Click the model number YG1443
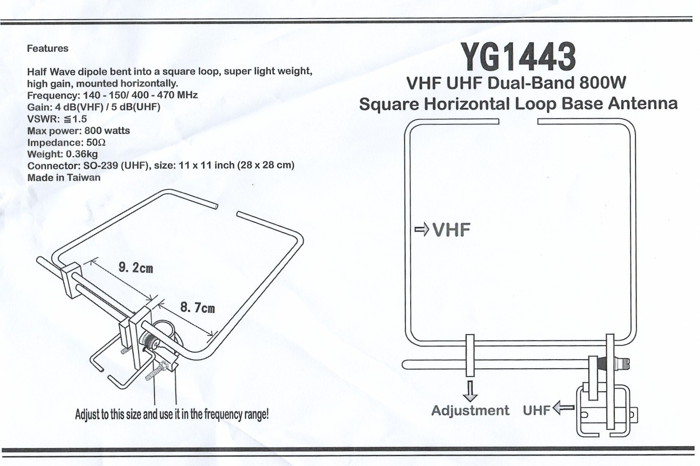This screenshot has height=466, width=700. pyautogui.click(x=518, y=57)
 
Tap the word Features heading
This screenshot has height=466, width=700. pyautogui.click(x=48, y=48)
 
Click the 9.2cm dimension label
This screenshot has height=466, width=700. pyautogui.click(x=136, y=268)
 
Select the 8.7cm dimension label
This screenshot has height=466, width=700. pyautogui.click(x=198, y=308)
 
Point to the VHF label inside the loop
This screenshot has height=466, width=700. pyautogui.click(x=451, y=230)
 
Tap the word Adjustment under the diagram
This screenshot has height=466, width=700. pyautogui.click(x=470, y=410)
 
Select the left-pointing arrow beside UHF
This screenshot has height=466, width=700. pyautogui.click(x=564, y=408)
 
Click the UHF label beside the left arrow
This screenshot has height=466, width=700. pyautogui.click(x=536, y=410)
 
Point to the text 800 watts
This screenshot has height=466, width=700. pyautogui.click(x=107, y=131)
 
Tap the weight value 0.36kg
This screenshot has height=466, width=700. pyautogui.click(x=82, y=154)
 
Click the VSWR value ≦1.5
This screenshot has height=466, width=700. pyautogui.click(x=75, y=119)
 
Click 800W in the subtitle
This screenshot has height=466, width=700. pyautogui.click(x=603, y=83)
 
